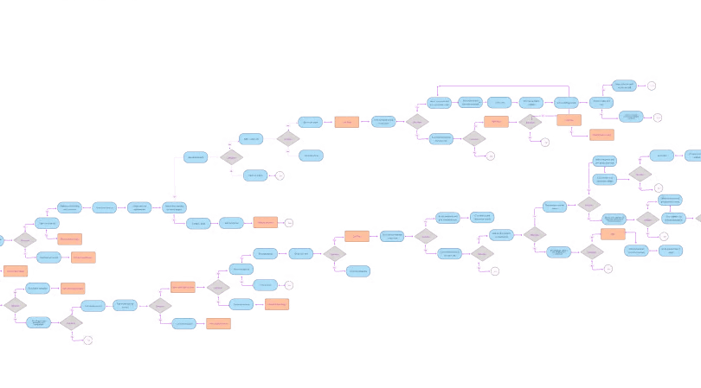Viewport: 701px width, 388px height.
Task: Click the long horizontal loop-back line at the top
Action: [502, 86]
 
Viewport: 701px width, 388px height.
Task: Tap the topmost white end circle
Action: [651, 86]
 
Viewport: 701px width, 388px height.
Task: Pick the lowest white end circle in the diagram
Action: [87, 340]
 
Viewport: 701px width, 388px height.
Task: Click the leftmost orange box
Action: [16, 271]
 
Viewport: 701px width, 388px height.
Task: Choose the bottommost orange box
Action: [218, 324]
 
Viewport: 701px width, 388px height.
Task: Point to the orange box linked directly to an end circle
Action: [265, 222]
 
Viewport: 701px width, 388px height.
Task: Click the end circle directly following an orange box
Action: [289, 222]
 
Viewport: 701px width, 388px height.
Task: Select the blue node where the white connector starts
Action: [196, 157]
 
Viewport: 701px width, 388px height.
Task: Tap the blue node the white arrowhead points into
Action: [174, 207]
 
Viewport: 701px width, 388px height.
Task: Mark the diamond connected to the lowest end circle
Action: [70, 322]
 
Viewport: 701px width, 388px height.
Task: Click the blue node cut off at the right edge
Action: [692, 156]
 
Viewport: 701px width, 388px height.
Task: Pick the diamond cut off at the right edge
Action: [698, 219]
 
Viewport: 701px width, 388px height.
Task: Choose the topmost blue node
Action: [623, 86]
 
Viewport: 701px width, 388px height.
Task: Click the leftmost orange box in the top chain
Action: [346, 122]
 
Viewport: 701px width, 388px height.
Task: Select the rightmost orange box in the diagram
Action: [613, 234]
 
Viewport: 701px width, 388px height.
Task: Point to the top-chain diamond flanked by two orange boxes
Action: [530, 121]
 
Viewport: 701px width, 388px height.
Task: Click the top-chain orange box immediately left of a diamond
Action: [496, 121]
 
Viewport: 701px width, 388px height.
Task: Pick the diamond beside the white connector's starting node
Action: [231, 157]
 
